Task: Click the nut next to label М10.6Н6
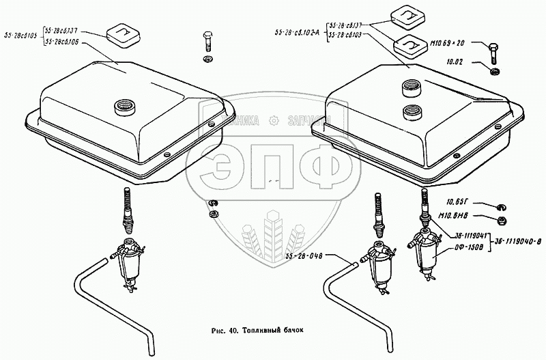coord(499,221)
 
